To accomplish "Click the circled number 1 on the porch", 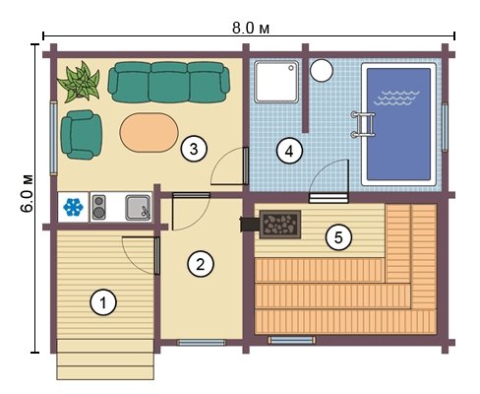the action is [x=103, y=302].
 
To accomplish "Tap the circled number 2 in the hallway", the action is [x=201, y=264].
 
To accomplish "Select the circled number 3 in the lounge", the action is [x=194, y=149].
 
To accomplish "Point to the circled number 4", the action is [x=289, y=151].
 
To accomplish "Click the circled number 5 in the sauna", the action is [x=338, y=237].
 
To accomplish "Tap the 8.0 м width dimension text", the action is [x=251, y=29].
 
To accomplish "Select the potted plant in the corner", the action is [x=79, y=81].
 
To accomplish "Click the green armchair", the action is [x=82, y=135].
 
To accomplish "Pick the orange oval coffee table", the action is [x=150, y=132].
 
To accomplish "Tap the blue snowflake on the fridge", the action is [x=73, y=207].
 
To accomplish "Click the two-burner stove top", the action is [x=98, y=207].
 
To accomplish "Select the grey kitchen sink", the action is [x=138, y=208].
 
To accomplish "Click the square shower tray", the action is [x=277, y=82].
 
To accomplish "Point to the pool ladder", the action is [x=363, y=124].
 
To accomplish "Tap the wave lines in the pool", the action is [x=396, y=98].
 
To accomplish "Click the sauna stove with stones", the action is [x=280, y=225].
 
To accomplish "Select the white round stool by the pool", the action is [x=322, y=70].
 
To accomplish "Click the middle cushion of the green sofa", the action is [x=169, y=82].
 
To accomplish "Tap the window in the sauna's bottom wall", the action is [x=291, y=340].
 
